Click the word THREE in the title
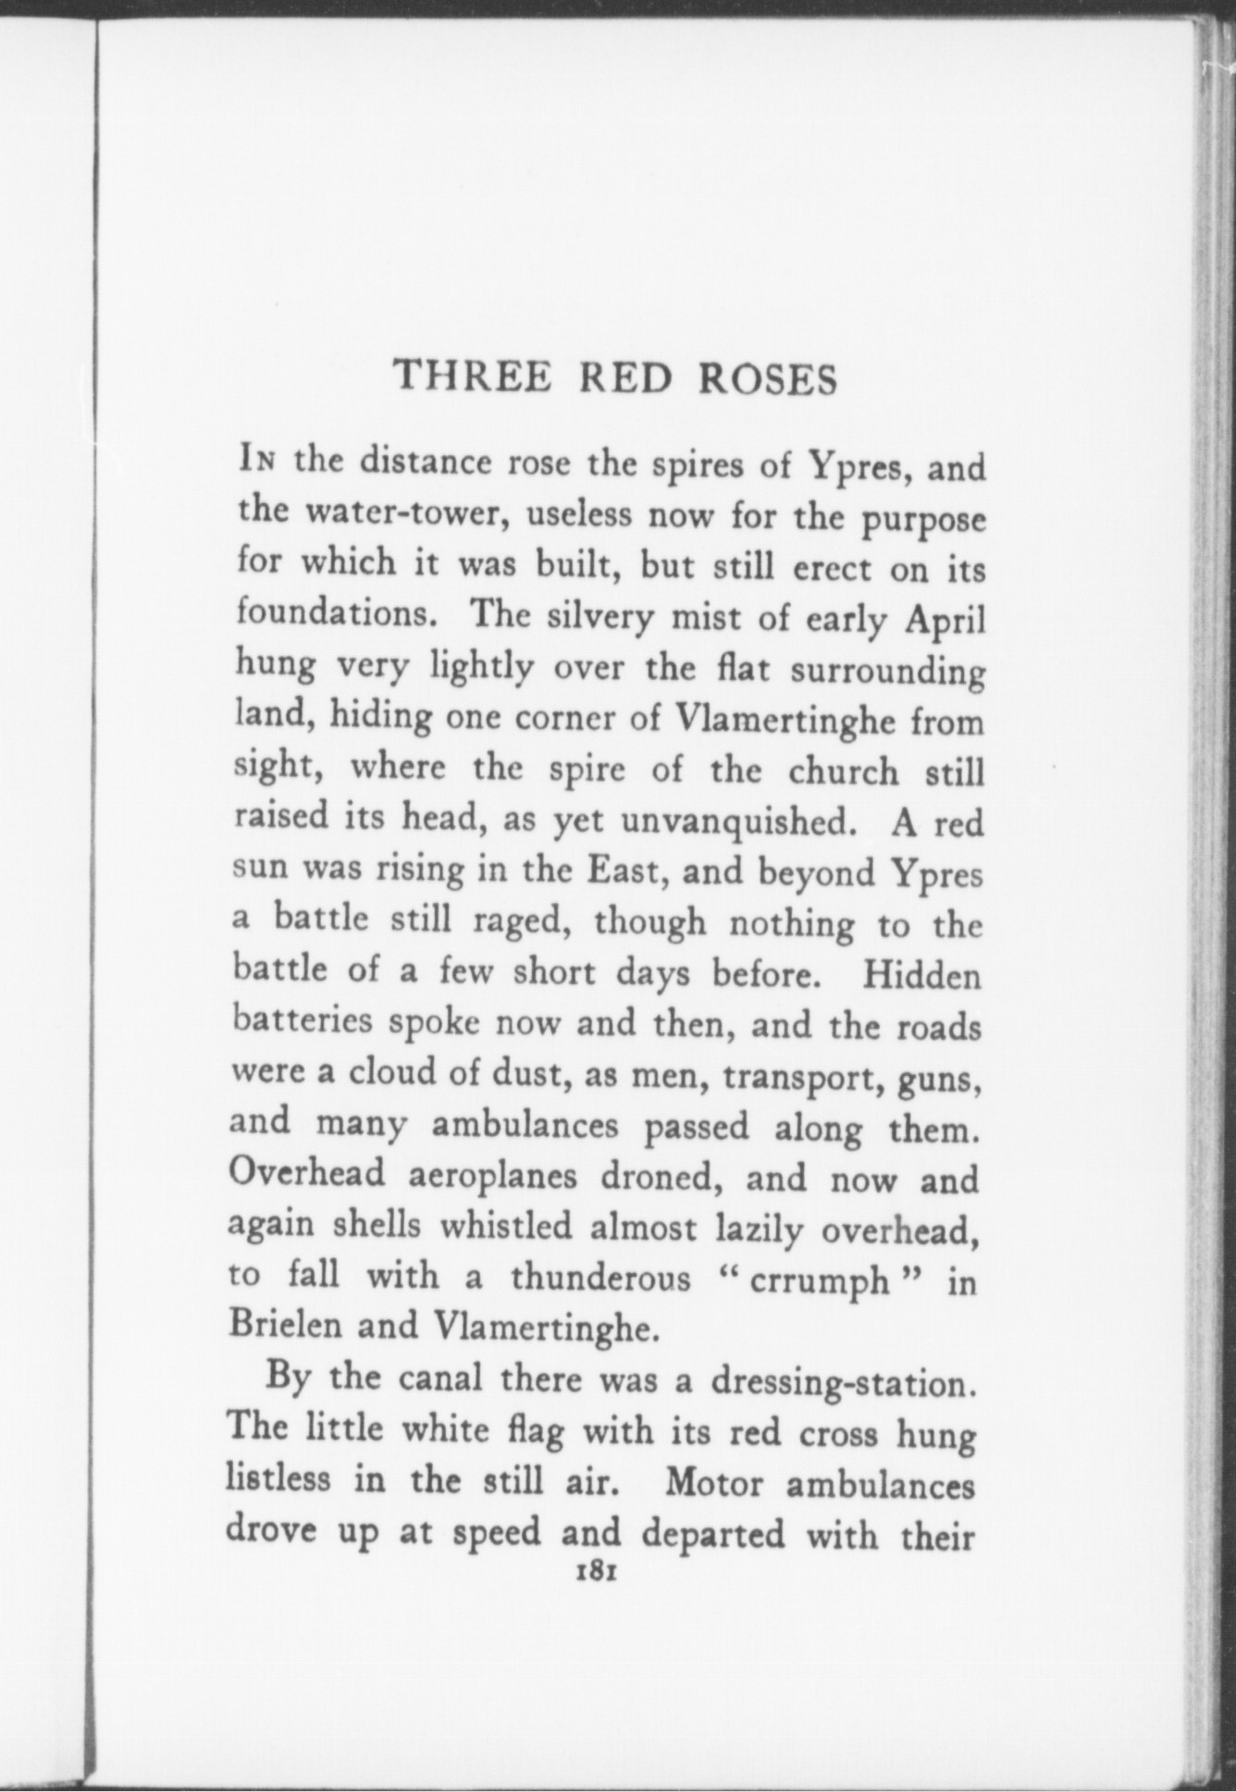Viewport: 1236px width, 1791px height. tap(473, 377)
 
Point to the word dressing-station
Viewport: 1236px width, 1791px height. tap(843, 1383)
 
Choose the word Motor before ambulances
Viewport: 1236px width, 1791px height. tap(716, 1482)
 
